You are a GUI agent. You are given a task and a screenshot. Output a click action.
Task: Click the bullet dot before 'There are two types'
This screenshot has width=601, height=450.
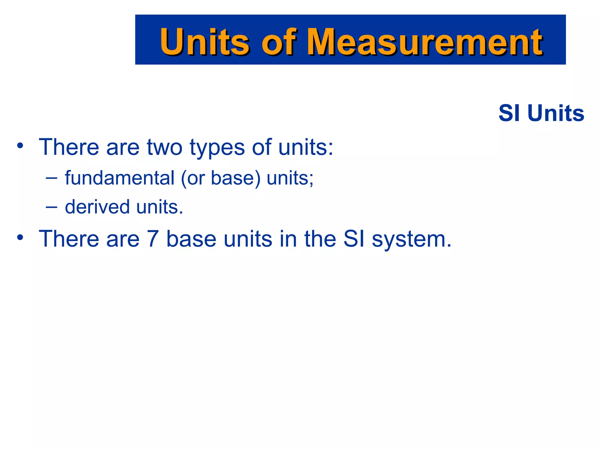tap(20, 146)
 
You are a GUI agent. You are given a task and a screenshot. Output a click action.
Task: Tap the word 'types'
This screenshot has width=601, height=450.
tap(217, 148)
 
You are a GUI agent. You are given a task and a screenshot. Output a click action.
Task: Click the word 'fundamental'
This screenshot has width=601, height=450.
tap(120, 178)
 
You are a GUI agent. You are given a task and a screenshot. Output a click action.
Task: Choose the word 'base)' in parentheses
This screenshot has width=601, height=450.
tap(236, 178)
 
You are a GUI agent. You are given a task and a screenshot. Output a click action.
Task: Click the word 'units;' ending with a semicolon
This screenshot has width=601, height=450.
tap(290, 178)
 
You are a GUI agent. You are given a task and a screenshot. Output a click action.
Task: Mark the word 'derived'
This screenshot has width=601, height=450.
tap(97, 207)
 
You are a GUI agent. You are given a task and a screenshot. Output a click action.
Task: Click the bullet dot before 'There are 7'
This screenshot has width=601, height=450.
tap(20, 237)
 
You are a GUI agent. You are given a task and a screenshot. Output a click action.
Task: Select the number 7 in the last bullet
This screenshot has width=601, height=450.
tap(153, 239)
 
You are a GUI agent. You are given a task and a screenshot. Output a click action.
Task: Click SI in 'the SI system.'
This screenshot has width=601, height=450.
tap(354, 239)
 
